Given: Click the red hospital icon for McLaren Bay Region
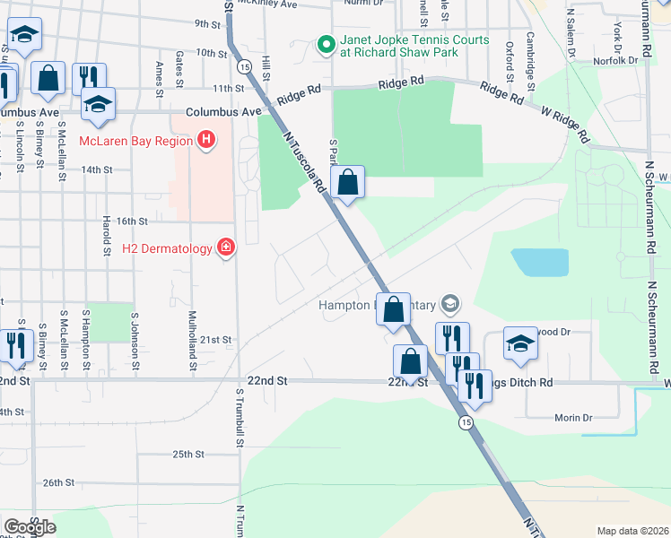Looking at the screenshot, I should [207, 141].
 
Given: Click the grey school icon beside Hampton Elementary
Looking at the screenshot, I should [450, 305].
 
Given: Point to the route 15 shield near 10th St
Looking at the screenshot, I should [244, 66].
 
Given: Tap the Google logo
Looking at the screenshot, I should [30, 526].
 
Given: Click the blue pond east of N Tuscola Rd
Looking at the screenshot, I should [540, 262].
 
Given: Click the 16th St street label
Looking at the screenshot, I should [131, 221].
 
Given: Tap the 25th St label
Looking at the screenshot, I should [189, 455].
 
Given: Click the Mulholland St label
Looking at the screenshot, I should [193, 341].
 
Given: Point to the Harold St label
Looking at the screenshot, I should [107, 233].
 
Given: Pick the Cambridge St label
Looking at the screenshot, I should [531, 56].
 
